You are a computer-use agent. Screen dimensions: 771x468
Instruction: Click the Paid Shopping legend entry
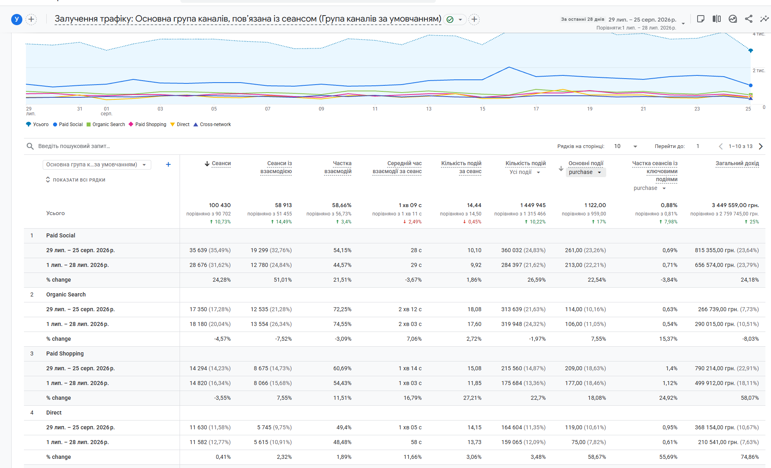[x=147, y=124]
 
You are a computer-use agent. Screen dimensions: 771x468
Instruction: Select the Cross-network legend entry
[x=212, y=124]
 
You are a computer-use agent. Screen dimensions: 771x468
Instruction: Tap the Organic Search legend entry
[x=106, y=124]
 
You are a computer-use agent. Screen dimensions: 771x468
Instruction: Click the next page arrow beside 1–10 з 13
[x=761, y=146]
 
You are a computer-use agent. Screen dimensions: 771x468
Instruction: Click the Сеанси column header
[x=221, y=164]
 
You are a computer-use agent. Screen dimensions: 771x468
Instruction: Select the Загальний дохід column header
[x=737, y=164]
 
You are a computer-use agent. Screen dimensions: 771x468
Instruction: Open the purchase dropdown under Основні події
[x=585, y=172]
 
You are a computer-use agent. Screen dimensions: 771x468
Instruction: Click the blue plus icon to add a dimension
[x=168, y=164]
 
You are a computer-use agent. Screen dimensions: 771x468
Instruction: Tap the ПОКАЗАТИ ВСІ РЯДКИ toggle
[x=76, y=180]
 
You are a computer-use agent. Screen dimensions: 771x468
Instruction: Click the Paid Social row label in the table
[x=61, y=235]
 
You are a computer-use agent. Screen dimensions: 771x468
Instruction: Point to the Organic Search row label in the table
[x=66, y=294]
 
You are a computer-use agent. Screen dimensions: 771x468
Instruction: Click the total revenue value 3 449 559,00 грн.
[x=735, y=205]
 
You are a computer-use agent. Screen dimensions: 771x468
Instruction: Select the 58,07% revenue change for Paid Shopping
[x=750, y=398]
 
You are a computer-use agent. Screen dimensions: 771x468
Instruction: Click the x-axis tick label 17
[x=536, y=109]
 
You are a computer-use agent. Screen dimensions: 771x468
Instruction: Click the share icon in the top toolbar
[x=749, y=19]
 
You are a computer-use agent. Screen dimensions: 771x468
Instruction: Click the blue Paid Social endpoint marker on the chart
[x=751, y=85]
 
